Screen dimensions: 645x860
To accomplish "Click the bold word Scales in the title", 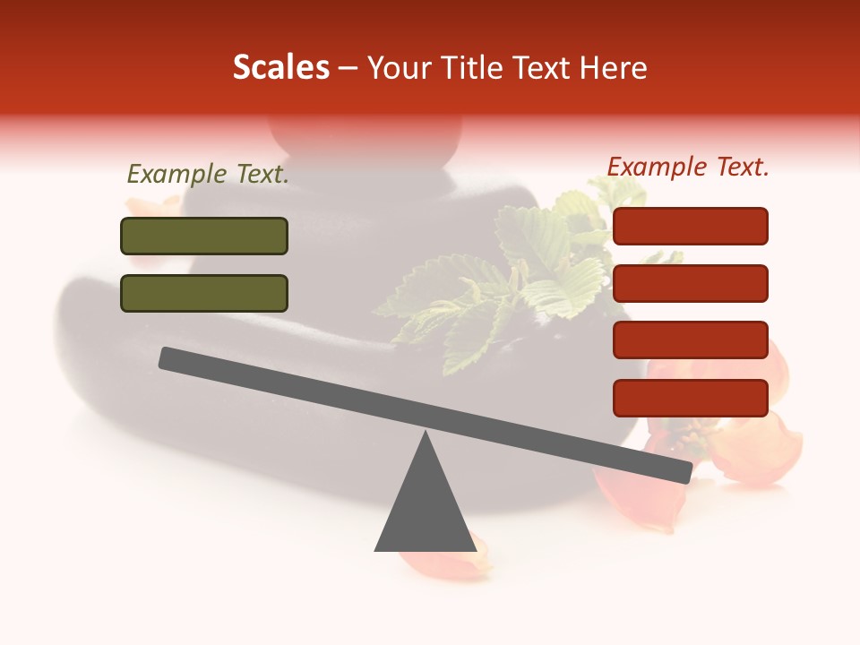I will coord(280,68).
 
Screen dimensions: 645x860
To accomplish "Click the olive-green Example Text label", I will coord(208,175).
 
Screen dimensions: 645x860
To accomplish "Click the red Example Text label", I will coord(688,167).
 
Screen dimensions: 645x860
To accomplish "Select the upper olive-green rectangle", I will coord(204,236).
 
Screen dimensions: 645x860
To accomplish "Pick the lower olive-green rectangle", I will coord(204,293).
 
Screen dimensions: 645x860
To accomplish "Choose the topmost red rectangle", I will coord(691,226).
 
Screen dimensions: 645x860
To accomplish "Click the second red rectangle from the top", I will coord(691,283).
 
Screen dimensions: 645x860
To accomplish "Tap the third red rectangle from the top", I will coord(691,340).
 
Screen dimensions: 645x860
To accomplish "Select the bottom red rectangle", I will coord(691,398).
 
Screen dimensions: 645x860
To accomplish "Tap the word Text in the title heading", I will coord(546,68).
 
